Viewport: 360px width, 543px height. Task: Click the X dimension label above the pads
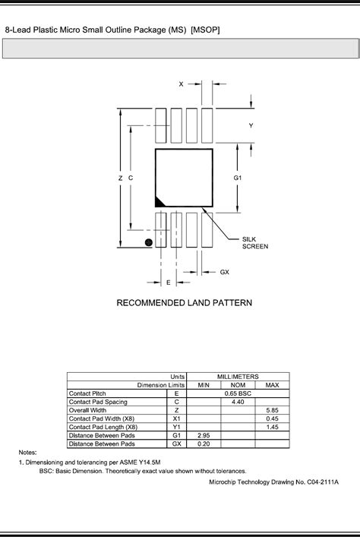(181, 84)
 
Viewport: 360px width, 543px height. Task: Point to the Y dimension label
(251, 125)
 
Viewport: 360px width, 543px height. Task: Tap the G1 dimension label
(238, 177)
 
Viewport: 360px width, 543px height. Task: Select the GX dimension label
(225, 272)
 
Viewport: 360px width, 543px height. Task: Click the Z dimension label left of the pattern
(120, 178)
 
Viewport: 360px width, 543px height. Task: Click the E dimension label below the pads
(168, 282)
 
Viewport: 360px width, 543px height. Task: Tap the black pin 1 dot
(149, 242)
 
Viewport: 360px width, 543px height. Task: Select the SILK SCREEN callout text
(254, 242)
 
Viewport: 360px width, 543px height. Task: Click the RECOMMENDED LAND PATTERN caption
(184, 303)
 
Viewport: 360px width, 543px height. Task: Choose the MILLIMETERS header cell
(238, 377)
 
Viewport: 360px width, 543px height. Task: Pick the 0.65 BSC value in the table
(238, 393)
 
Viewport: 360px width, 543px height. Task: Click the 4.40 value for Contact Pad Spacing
(238, 402)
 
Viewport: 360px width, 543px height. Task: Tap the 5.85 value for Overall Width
(272, 410)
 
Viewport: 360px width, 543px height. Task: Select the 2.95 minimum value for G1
(204, 435)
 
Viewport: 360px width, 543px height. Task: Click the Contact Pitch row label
(87, 393)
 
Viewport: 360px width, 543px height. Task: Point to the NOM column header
(238, 385)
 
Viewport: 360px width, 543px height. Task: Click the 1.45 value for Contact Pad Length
(272, 427)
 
